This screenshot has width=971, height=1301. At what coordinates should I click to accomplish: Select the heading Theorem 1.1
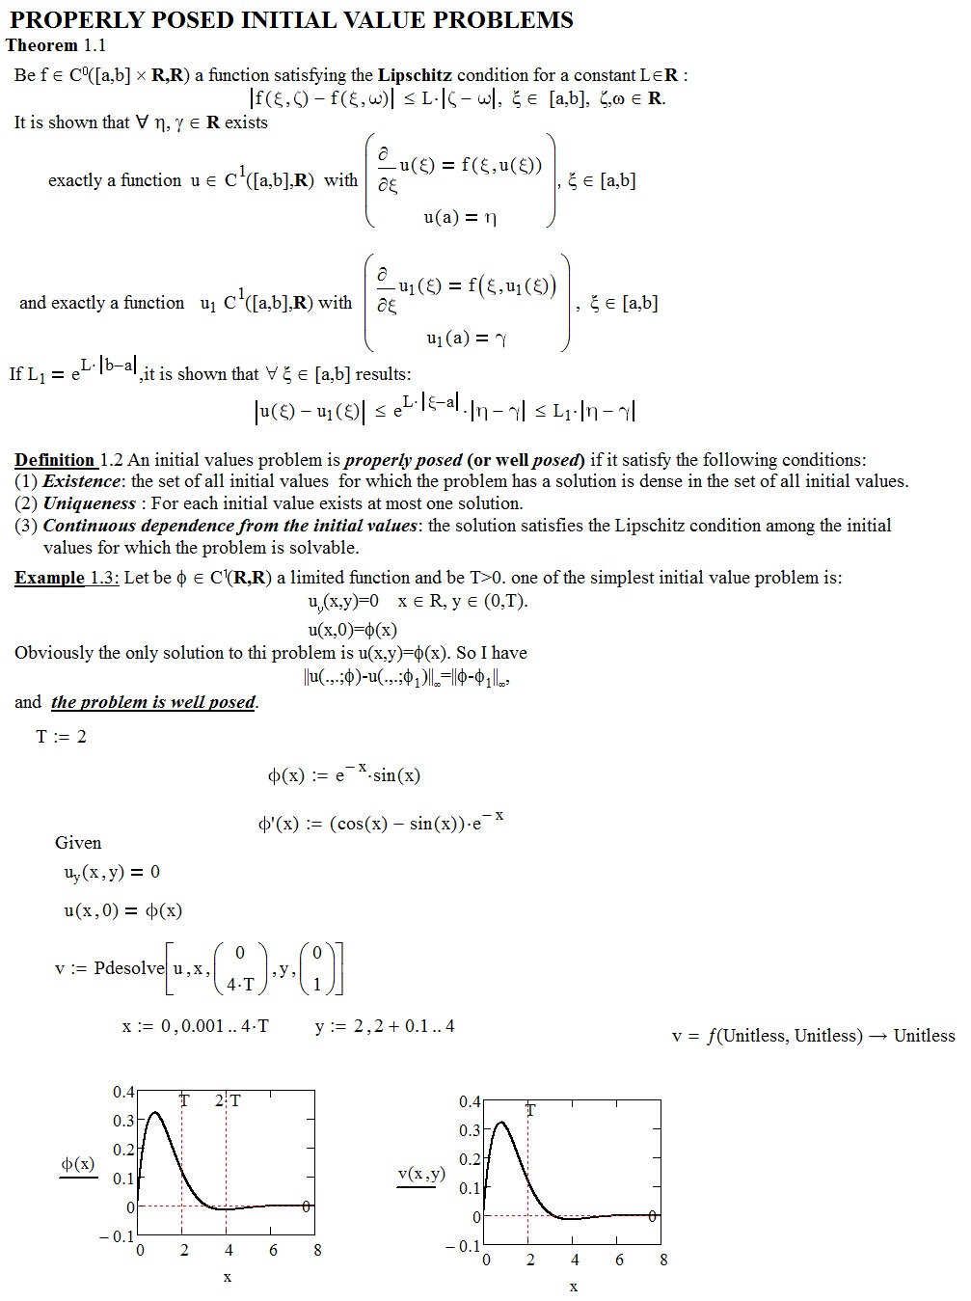click(56, 45)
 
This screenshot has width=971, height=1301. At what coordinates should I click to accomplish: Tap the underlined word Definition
click(54, 460)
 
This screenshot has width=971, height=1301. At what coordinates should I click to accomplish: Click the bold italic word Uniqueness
click(90, 503)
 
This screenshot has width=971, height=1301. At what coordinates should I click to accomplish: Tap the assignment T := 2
click(61, 737)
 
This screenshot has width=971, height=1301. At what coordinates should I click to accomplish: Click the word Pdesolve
click(129, 968)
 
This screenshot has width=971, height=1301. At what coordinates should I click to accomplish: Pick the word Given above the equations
click(78, 843)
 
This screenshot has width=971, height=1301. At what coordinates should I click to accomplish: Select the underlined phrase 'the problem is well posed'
click(153, 702)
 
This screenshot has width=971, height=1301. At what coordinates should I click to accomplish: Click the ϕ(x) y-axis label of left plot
click(78, 1164)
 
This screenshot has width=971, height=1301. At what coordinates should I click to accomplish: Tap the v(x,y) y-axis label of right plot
click(421, 1174)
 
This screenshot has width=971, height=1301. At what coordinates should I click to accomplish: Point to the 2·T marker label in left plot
click(229, 1100)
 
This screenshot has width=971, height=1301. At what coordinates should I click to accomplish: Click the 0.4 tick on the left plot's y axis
click(123, 1092)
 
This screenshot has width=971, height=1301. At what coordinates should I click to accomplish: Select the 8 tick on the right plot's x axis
click(663, 1260)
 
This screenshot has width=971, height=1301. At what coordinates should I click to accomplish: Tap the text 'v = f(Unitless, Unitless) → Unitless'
click(813, 1036)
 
